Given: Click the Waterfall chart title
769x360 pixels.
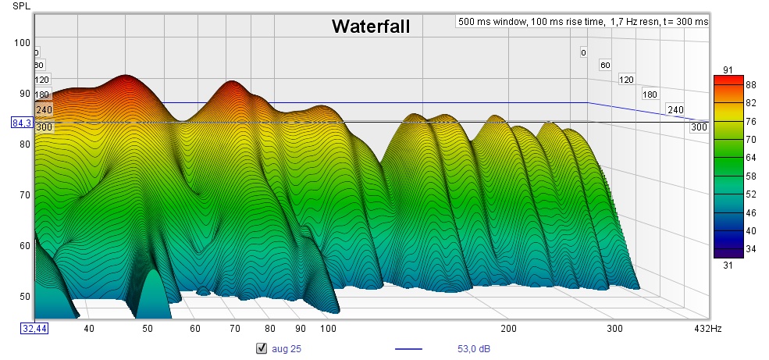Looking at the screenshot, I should coord(371,27).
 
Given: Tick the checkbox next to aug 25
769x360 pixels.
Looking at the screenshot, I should coord(262,348).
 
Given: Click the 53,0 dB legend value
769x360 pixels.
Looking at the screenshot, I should coord(474,348).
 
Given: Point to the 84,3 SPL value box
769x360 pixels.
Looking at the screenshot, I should coord(21,123).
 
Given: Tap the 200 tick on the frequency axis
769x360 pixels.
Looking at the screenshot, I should coord(509,329).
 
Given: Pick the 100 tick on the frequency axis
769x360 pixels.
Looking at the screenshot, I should coord(328,329).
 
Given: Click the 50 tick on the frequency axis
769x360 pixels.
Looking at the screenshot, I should coord(148,329).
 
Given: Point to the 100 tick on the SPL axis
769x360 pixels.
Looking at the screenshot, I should coord(22,42).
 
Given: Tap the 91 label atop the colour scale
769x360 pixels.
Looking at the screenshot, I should coord(727,70).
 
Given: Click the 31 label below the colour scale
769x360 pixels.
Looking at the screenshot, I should coord(727,266).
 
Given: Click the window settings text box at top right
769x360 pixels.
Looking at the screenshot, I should coord(582,22).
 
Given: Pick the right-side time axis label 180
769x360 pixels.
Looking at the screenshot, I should coord(650,94).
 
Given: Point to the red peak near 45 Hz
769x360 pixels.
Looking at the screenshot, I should coord(125,77).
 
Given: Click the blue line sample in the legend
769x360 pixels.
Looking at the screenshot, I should coord(408,348).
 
